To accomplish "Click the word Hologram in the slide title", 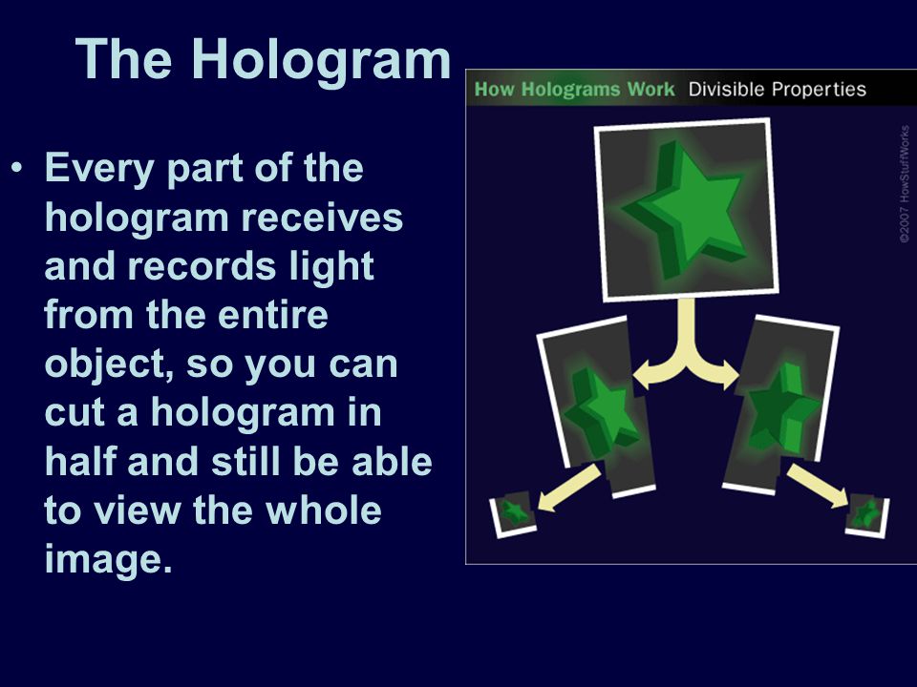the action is [322, 61].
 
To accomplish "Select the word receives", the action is [322, 218].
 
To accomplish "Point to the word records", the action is [202, 266].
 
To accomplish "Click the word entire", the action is [272, 315].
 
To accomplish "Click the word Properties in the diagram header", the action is [819, 90].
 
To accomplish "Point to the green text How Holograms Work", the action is [574, 90].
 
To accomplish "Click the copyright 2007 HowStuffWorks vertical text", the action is [905, 184].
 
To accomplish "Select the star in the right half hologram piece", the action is [782, 410].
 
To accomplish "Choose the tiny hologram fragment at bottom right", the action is [867, 515].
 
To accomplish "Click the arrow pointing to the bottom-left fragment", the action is [568, 488].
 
